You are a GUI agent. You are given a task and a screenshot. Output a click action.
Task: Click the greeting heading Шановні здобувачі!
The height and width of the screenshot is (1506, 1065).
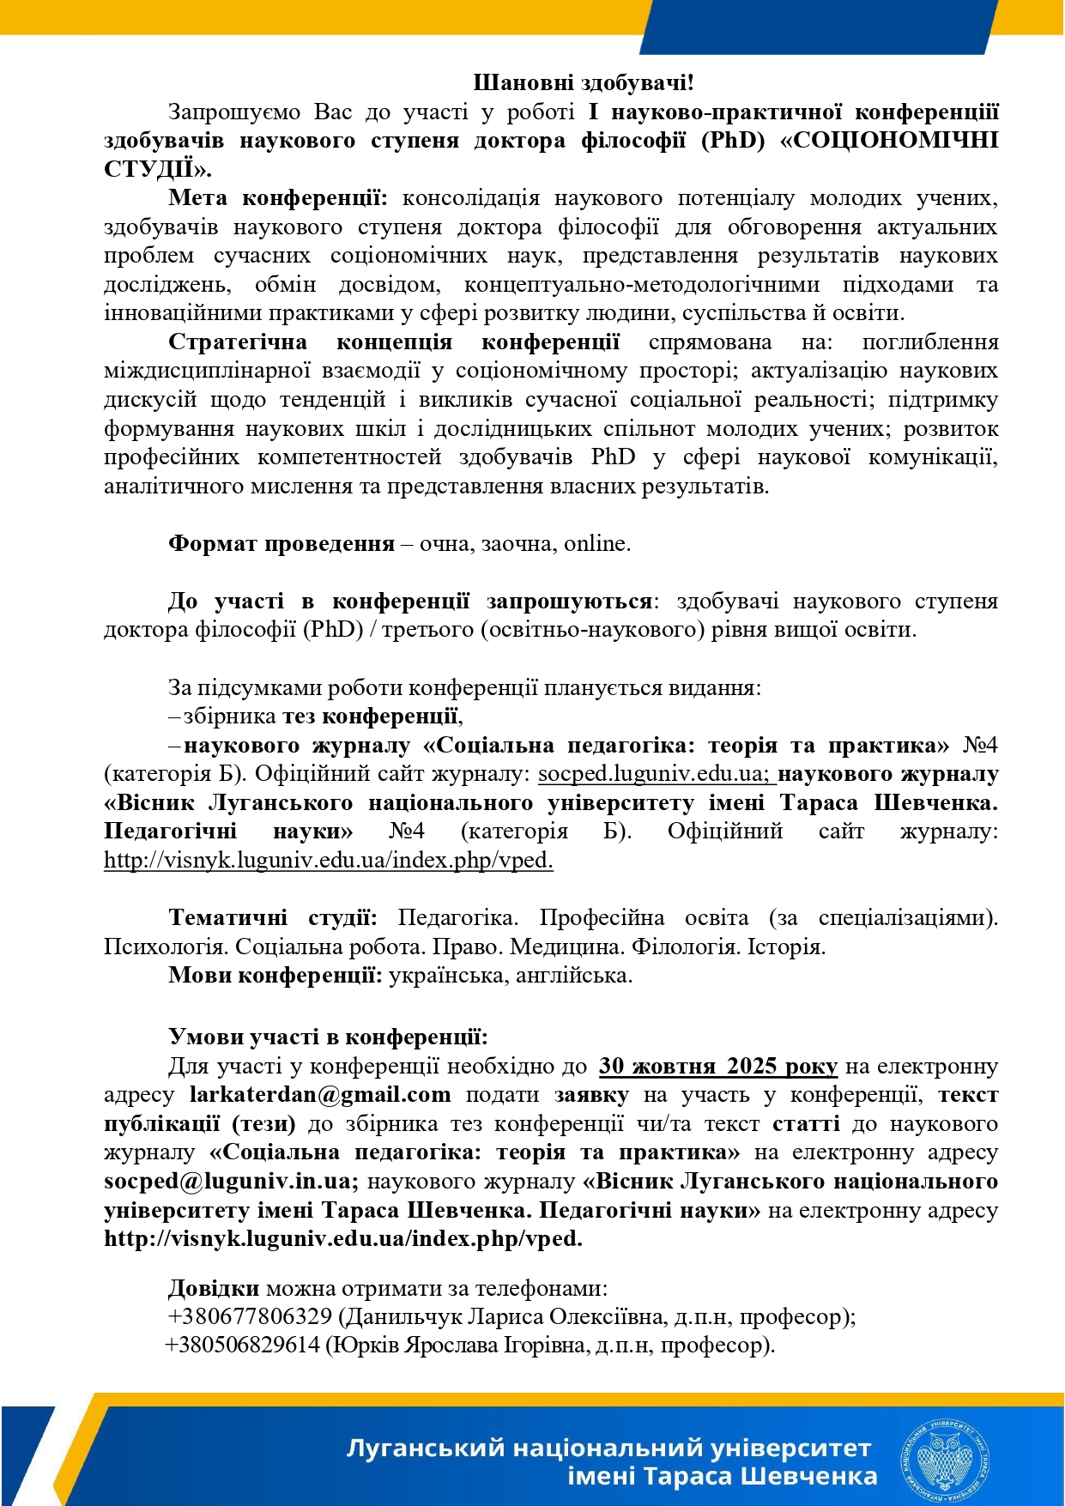(x=583, y=82)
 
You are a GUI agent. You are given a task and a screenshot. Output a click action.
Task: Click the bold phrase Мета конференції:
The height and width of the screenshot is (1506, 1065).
(x=277, y=198)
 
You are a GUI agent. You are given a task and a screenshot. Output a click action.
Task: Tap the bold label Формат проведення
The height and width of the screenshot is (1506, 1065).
(x=281, y=544)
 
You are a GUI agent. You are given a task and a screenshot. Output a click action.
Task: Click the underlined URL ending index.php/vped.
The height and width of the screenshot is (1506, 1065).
(x=328, y=860)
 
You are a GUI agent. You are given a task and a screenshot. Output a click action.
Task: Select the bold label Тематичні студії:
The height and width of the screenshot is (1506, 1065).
(x=272, y=918)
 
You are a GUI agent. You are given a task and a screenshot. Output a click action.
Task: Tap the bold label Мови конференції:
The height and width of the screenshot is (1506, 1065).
(x=275, y=976)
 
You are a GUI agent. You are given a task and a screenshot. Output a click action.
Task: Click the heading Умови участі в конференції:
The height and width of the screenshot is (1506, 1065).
(x=328, y=1037)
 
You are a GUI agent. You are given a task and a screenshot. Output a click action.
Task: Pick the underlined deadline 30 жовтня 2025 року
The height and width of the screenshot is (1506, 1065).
(x=717, y=1067)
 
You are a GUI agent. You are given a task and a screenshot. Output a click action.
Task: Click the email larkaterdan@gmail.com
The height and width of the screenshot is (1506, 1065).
(x=319, y=1095)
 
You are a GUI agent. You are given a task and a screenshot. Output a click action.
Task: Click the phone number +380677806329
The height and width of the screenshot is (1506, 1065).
(x=250, y=1316)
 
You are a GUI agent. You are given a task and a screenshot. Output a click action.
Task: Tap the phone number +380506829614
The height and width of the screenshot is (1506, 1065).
(x=244, y=1345)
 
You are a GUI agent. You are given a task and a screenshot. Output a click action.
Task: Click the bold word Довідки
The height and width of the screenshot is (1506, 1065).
(x=213, y=1288)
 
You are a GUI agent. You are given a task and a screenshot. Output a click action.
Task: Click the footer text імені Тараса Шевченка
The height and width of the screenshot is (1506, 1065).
(x=722, y=1477)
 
